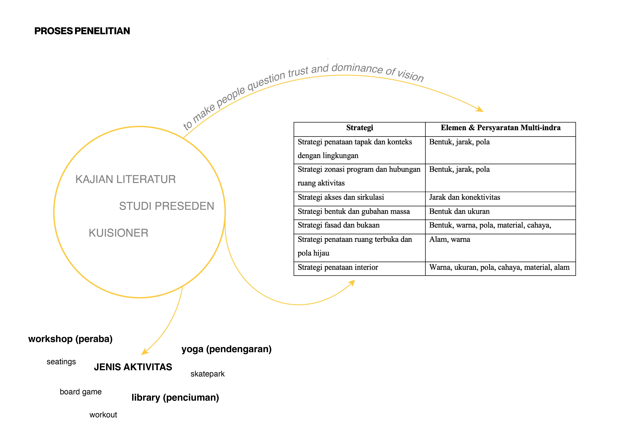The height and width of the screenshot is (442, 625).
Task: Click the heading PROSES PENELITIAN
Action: [x=82, y=31]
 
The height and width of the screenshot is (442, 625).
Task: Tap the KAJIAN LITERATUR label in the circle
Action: [x=125, y=179]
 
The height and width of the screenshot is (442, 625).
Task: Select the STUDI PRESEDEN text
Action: [x=167, y=206]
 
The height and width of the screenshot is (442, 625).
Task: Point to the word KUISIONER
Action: [x=118, y=233]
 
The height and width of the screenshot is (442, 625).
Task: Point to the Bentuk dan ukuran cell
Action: [x=459, y=211]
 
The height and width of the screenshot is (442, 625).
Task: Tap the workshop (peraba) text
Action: [x=70, y=339]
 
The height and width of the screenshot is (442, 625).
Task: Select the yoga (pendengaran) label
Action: [x=226, y=349]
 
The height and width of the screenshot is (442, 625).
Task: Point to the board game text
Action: [x=81, y=392]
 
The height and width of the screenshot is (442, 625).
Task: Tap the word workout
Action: [x=103, y=415]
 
